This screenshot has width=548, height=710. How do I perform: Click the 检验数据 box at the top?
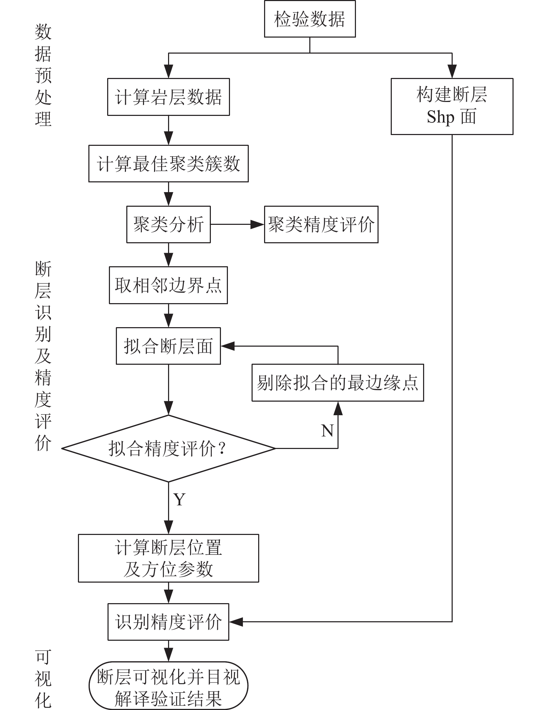pyautogui.click(x=310, y=19)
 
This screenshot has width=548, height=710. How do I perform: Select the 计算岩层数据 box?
pyautogui.click(x=168, y=97)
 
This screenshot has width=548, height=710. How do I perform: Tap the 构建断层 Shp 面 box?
pyautogui.click(x=452, y=106)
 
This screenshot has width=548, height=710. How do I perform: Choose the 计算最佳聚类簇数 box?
pyautogui.click(x=168, y=164)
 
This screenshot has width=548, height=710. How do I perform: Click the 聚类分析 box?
pyautogui.click(x=168, y=224)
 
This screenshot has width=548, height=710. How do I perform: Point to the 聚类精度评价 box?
pyautogui.click(x=321, y=224)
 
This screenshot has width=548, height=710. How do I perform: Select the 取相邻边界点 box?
pyautogui.click(x=168, y=285)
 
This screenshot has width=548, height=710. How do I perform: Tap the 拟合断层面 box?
pyautogui.click(x=168, y=346)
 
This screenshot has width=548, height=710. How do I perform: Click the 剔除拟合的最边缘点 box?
pyautogui.click(x=337, y=383)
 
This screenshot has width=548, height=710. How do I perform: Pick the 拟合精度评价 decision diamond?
pyautogui.click(x=168, y=448)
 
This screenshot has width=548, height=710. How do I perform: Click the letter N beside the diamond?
pyautogui.click(x=327, y=431)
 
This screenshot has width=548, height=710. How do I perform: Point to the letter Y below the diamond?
pyautogui.click(x=180, y=500)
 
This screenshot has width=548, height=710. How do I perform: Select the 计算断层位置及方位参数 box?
pyautogui.click(x=168, y=558)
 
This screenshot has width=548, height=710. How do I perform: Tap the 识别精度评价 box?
pyautogui.click(x=168, y=622)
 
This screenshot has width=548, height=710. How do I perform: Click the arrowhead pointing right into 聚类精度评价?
pyautogui.click(x=257, y=224)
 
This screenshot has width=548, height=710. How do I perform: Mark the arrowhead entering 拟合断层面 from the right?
pyautogui.click(x=228, y=346)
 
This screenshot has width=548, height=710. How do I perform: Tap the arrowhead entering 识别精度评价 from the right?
pyautogui.click(x=236, y=622)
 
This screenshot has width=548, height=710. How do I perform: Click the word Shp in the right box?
pyautogui.click(x=440, y=117)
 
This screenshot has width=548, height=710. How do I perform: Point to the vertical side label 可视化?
pyautogui.click(x=43, y=679)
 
